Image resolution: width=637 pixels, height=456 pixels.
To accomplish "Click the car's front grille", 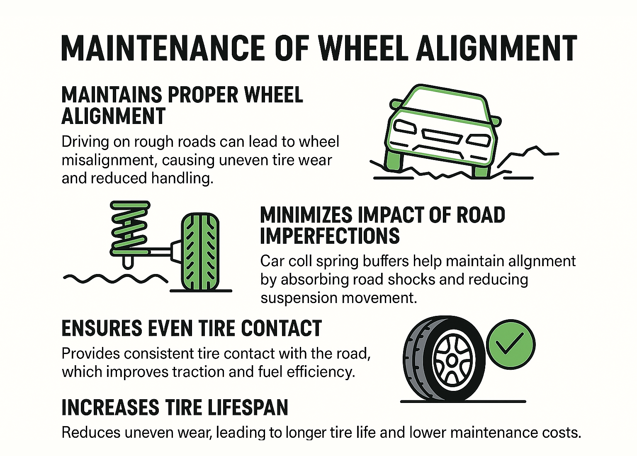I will (x=442, y=136).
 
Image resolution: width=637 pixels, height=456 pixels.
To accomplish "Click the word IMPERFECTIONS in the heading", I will (x=330, y=236).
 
